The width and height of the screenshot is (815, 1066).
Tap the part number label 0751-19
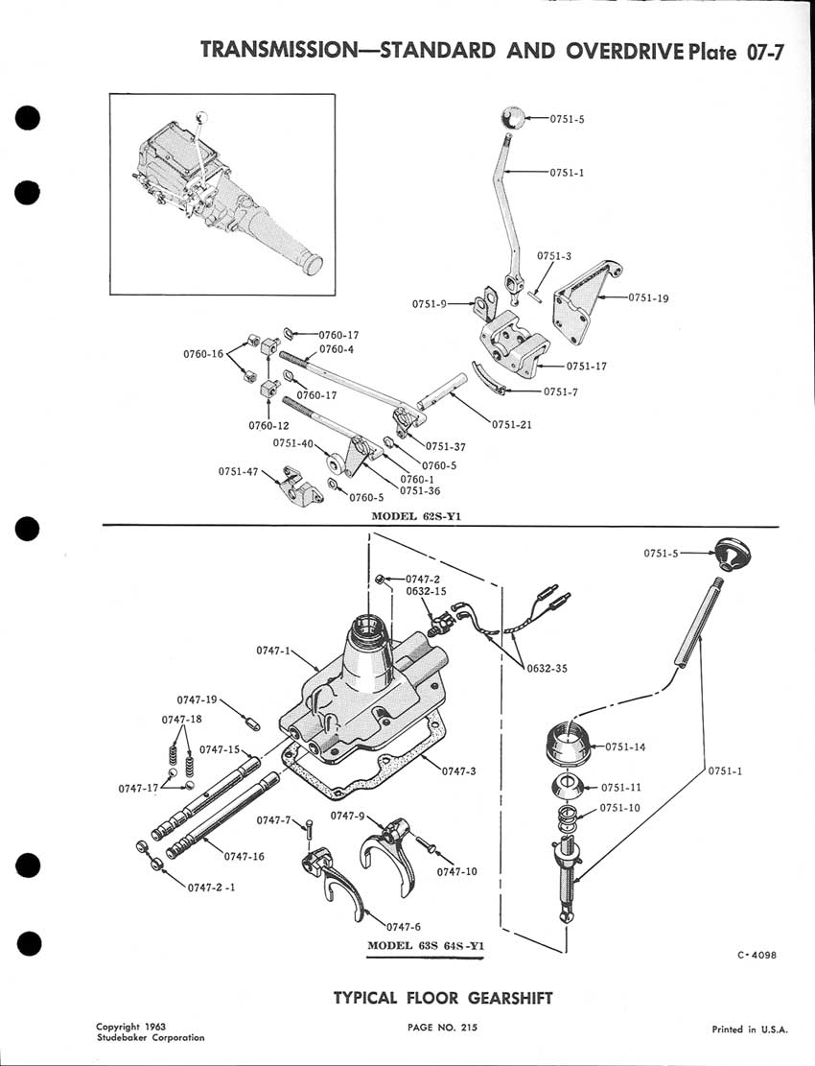point(648,297)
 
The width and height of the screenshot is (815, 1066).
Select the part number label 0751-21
point(512,425)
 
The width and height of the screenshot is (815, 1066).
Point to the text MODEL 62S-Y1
point(424,515)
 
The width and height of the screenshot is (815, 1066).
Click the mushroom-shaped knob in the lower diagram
point(732,556)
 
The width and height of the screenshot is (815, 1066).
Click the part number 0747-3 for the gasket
point(460,770)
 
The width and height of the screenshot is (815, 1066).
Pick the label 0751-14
point(627,746)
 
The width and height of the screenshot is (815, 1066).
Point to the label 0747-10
point(456,871)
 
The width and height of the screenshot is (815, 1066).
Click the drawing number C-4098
point(758,954)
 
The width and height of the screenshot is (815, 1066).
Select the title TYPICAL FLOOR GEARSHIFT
point(443,998)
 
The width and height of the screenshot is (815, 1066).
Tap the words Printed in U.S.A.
point(750,1030)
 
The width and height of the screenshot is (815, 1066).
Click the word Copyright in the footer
point(118,1027)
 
